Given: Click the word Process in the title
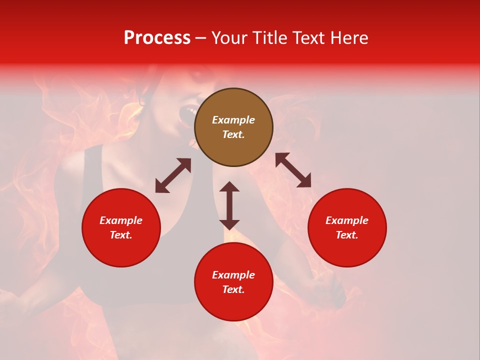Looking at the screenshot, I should click(157, 38).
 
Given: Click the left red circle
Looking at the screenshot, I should click(121, 227).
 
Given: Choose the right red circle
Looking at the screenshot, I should click(347, 227).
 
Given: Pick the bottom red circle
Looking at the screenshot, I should click(233, 282).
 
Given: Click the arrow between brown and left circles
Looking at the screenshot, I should click(173, 175).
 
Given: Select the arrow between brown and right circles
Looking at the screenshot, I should click(293, 170).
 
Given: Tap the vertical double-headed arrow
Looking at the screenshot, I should click(229, 205).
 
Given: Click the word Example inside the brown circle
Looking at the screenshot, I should click(233, 120).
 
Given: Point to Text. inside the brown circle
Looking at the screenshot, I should click(233, 134).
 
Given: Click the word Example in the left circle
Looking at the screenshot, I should click(121, 220).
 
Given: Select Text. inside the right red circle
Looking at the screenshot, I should click(347, 235).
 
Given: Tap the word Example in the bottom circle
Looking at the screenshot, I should click(233, 275).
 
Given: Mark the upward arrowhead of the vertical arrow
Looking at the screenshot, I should click(229, 186).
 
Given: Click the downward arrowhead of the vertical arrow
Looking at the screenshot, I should click(229, 224).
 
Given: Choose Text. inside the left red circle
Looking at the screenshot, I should click(121, 235).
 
